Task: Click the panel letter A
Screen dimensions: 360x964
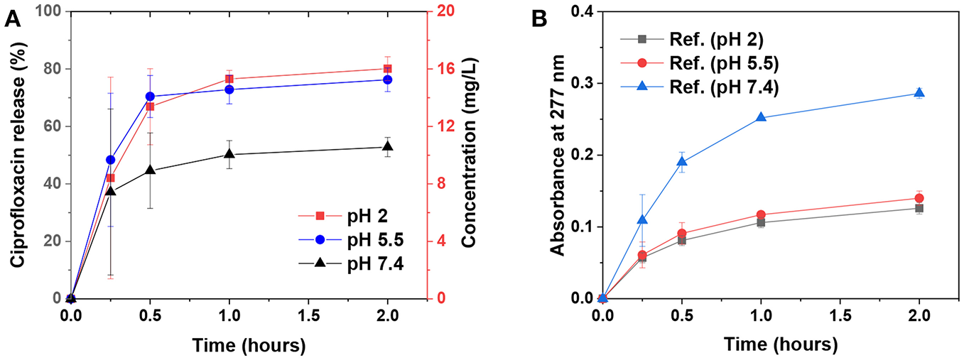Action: pyautogui.click(x=12, y=19)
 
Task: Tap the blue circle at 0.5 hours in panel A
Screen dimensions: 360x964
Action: pyautogui.click(x=150, y=97)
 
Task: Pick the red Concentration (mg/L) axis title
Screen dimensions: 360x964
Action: pyautogui.click(x=469, y=155)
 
